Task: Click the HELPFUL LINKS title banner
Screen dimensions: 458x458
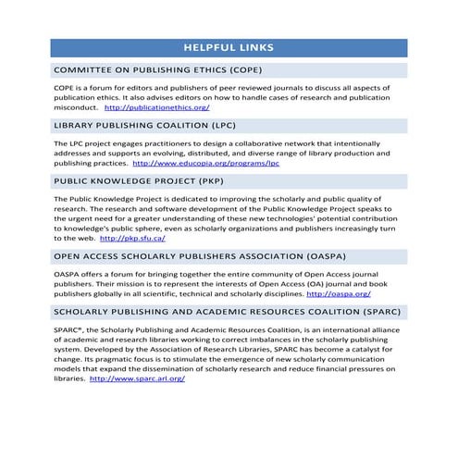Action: click(228, 46)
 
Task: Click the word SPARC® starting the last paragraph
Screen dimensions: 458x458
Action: click(70, 328)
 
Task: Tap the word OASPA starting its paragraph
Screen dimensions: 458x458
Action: click(68, 274)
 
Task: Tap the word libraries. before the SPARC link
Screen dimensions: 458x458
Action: click(69, 378)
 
